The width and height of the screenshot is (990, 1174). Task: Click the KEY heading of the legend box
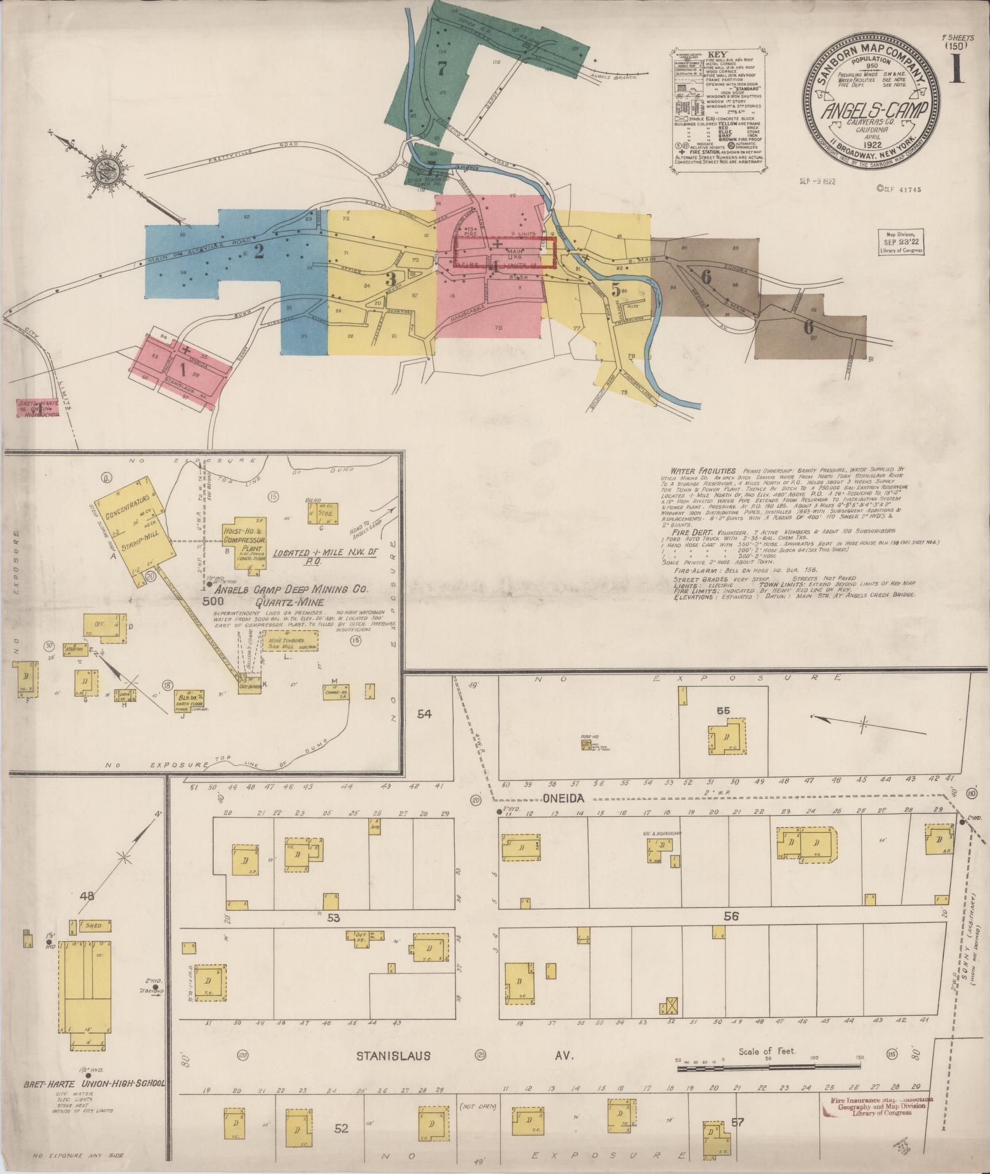point(716,53)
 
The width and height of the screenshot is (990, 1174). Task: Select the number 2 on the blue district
point(259,252)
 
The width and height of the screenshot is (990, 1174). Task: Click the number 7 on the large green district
point(441,69)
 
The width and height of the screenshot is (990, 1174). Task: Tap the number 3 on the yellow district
point(390,278)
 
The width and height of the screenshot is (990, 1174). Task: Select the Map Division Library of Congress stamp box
point(900,245)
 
